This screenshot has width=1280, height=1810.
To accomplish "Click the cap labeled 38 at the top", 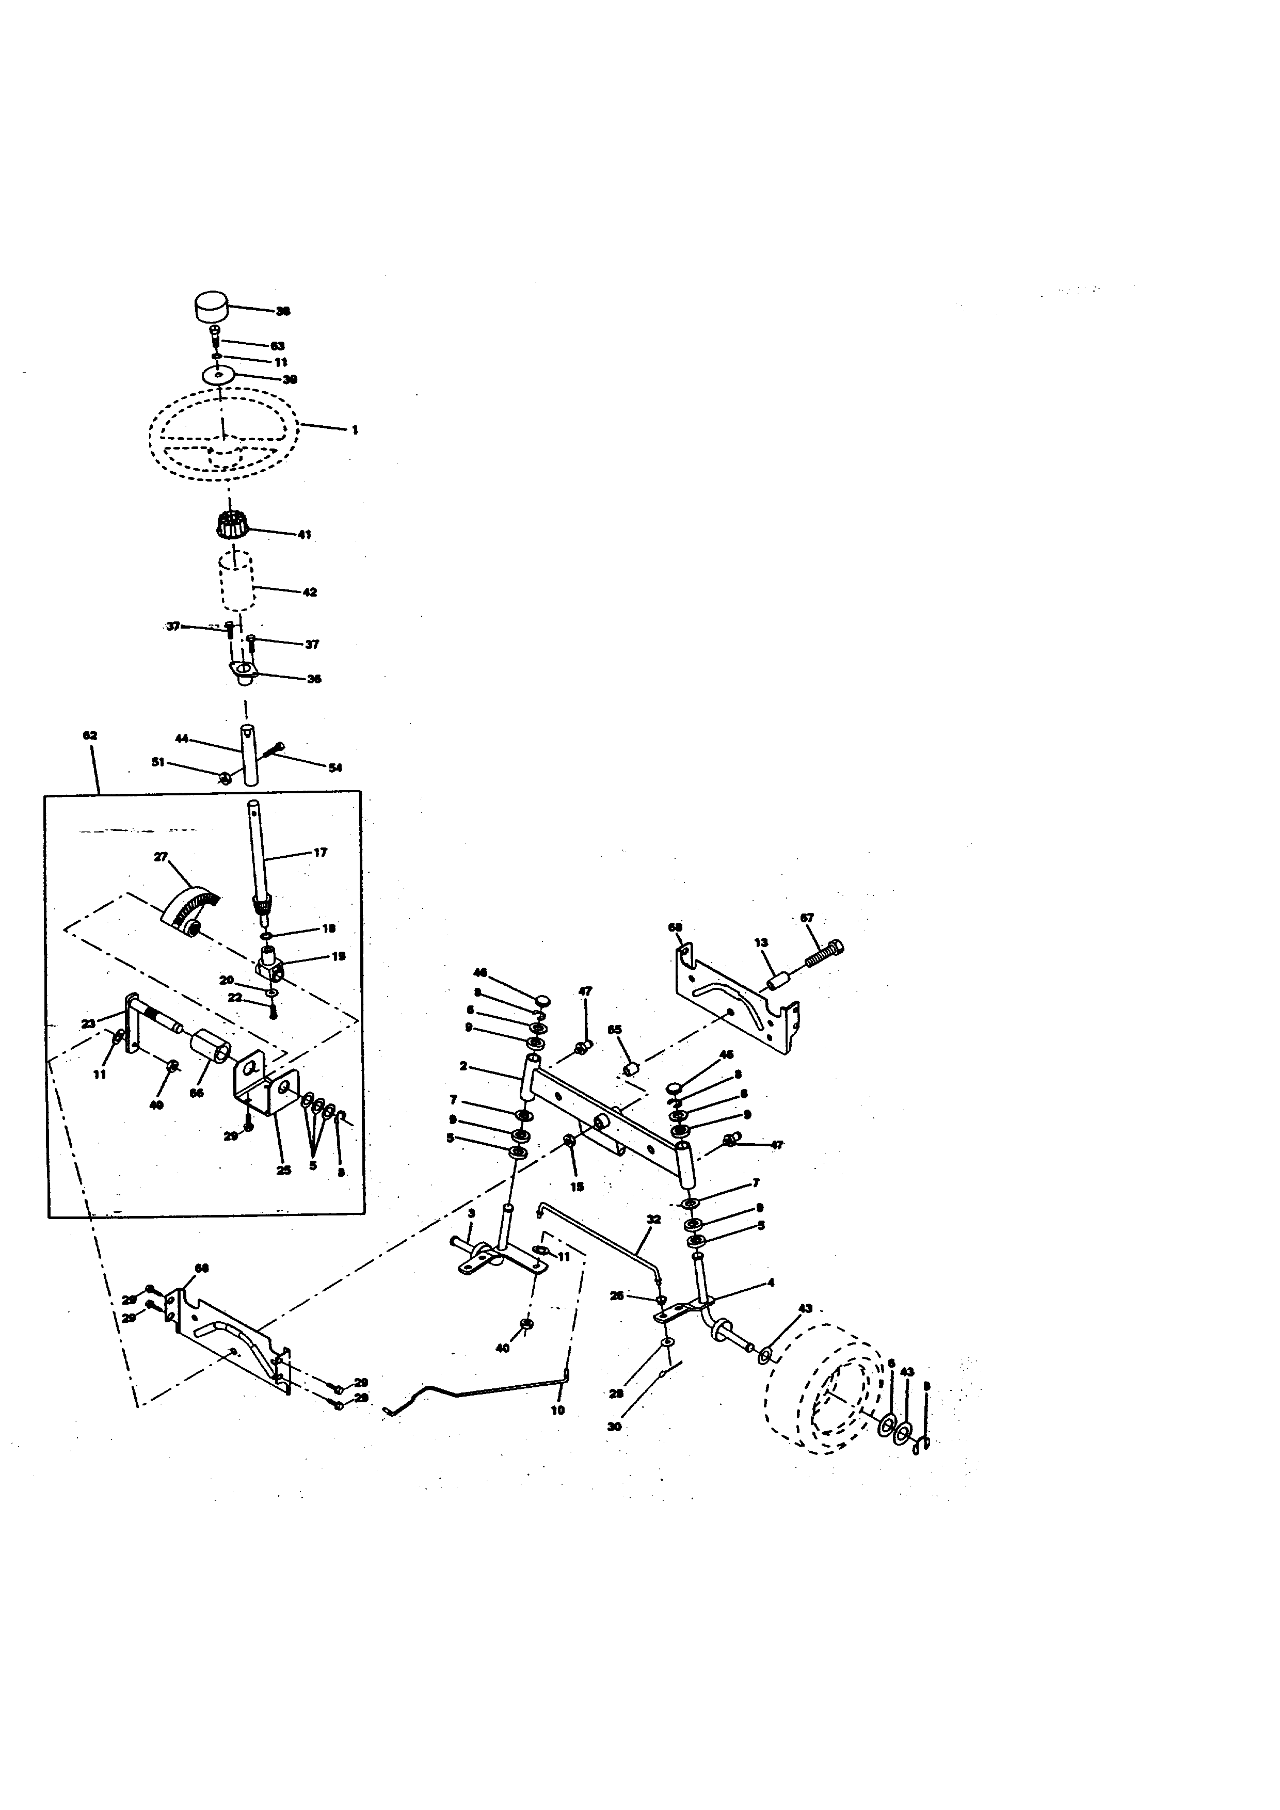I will click(x=211, y=306).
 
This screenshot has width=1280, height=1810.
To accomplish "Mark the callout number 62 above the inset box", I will click(x=90, y=735).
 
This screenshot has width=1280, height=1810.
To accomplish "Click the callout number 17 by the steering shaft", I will click(x=320, y=852).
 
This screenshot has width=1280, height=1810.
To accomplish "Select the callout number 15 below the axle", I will click(x=577, y=1187).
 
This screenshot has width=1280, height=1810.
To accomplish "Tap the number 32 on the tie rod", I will click(x=653, y=1219).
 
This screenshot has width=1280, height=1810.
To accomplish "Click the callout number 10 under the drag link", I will click(x=557, y=1411).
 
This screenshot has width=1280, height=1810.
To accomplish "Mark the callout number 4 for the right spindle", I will click(x=770, y=1283).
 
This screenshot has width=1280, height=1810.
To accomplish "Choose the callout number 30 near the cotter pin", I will click(x=614, y=1427).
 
